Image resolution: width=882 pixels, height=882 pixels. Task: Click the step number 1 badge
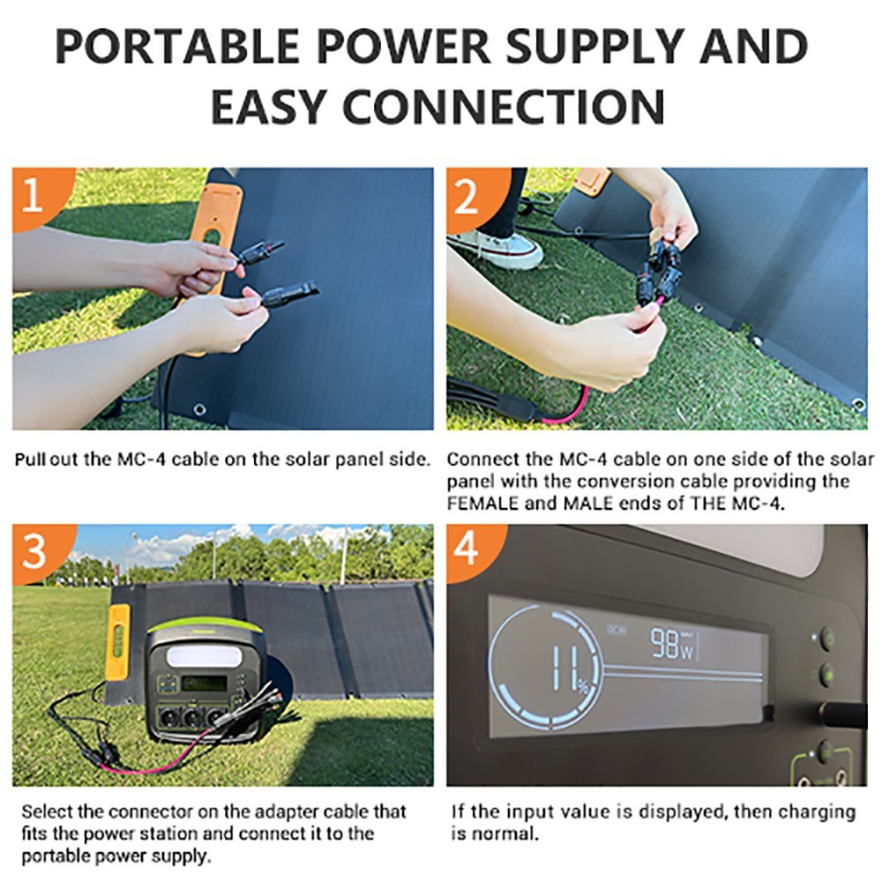pyautogui.click(x=32, y=196)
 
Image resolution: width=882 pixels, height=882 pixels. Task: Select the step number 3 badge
pyautogui.click(x=34, y=552)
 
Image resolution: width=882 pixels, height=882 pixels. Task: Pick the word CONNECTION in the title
pyautogui.click(x=504, y=106)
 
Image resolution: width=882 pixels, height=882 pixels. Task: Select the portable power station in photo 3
pyautogui.click(x=202, y=679)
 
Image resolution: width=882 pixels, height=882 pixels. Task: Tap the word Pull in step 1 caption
pyautogui.click(x=33, y=460)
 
